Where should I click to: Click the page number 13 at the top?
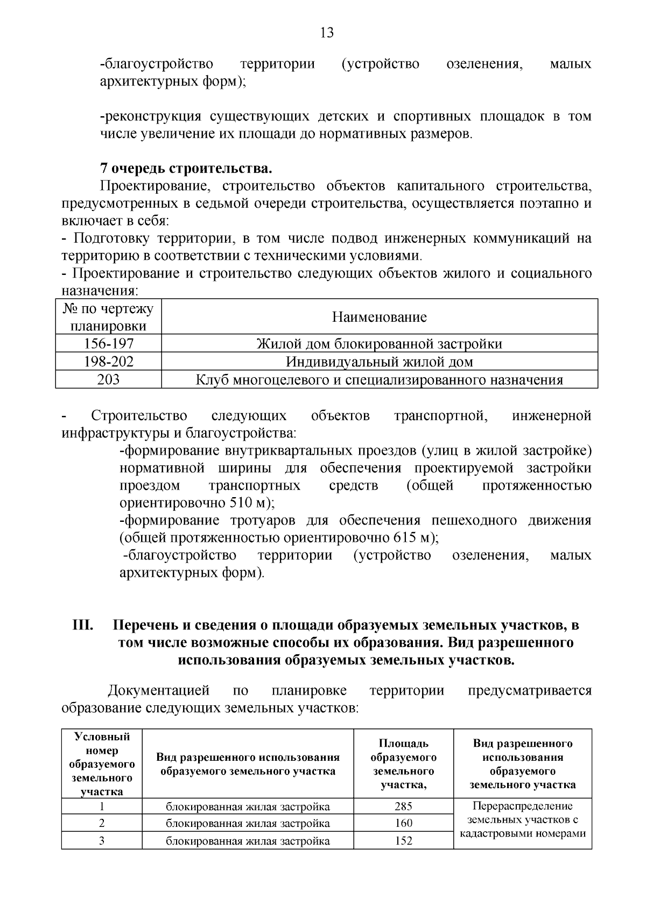pyautogui.click(x=327, y=33)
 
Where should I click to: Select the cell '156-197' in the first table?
pyautogui.click(x=109, y=344)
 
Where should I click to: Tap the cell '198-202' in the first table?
pyautogui.click(x=109, y=362)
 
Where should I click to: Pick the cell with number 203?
pyautogui.click(x=109, y=380)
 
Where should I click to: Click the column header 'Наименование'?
pyautogui.click(x=380, y=317)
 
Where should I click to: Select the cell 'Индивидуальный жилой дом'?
pyautogui.click(x=380, y=362)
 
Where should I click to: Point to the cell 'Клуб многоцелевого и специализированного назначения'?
pyautogui.click(x=380, y=380)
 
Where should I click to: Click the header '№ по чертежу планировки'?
pyautogui.click(x=109, y=317)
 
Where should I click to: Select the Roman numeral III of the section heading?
pyautogui.click(x=83, y=626)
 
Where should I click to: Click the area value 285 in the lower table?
pyautogui.click(x=403, y=806)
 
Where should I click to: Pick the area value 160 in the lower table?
pyautogui.click(x=403, y=823)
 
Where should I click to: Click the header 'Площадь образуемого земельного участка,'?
pyautogui.click(x=403, y=764)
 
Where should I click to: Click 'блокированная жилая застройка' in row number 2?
pyautogui.click(x=248, y=823)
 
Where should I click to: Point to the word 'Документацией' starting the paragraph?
pyautogui.click(x=158, y=690)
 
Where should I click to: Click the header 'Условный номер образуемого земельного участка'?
pyautogui.click(x=102, y=764)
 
